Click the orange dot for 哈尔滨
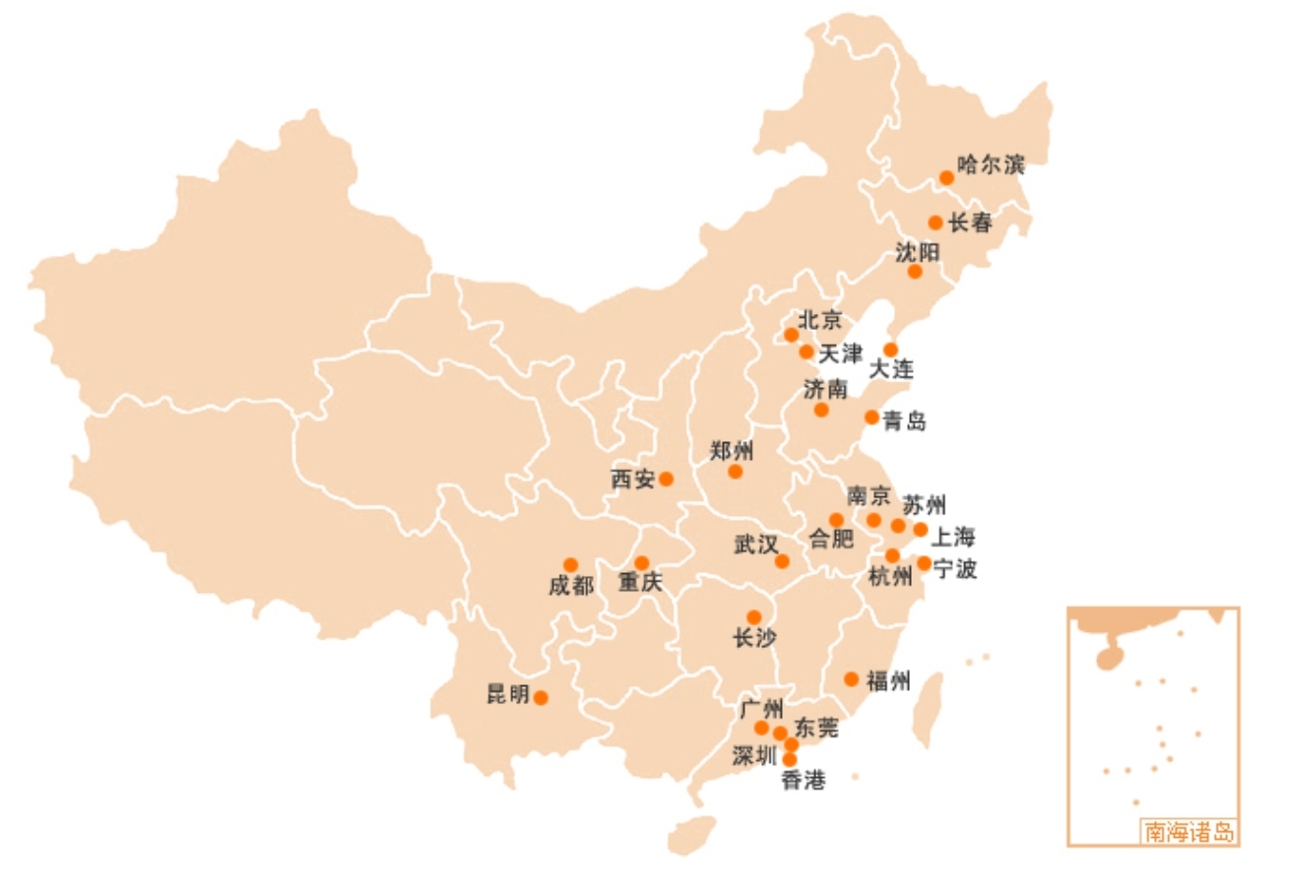946,177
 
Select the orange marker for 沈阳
915,271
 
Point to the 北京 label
819,319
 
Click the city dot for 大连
890,350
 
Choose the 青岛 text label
904,421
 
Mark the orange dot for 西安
666,479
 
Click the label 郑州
731,452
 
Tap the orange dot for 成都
570,565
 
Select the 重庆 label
640,583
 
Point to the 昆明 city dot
541,697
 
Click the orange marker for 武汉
782,561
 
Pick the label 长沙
754,638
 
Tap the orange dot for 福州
851,678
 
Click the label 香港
803,781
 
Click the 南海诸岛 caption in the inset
1189,832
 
